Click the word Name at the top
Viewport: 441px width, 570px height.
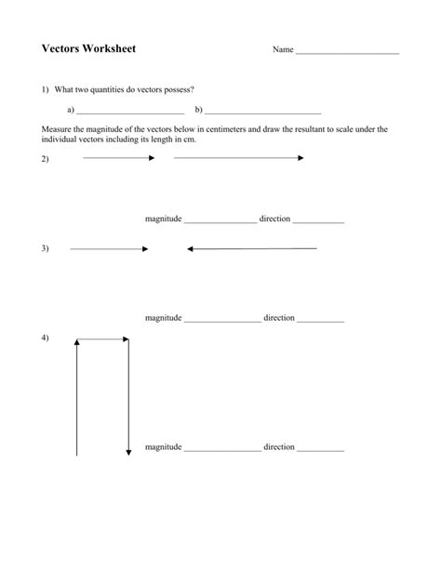[x=283, y=49]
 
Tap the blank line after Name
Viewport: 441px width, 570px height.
[x=347, y=52]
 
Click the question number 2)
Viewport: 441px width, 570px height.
[x=44, y=159]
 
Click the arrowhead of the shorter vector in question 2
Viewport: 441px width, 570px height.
[x=152, y=158]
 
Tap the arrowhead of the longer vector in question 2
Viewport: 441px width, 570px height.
[x=301, y=158]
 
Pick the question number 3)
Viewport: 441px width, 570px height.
[x=44, y=249]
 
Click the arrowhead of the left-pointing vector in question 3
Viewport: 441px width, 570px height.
[x=190, y=249]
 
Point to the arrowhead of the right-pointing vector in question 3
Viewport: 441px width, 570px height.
[x=145, y=249]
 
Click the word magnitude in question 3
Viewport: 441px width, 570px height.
[x=163, y=318]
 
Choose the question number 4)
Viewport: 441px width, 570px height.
[x=44, y=337]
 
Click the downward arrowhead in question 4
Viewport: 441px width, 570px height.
[x=128, y=453]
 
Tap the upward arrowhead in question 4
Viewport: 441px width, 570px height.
[x=77, y=342]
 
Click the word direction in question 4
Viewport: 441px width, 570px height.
[x=279, y=447]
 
